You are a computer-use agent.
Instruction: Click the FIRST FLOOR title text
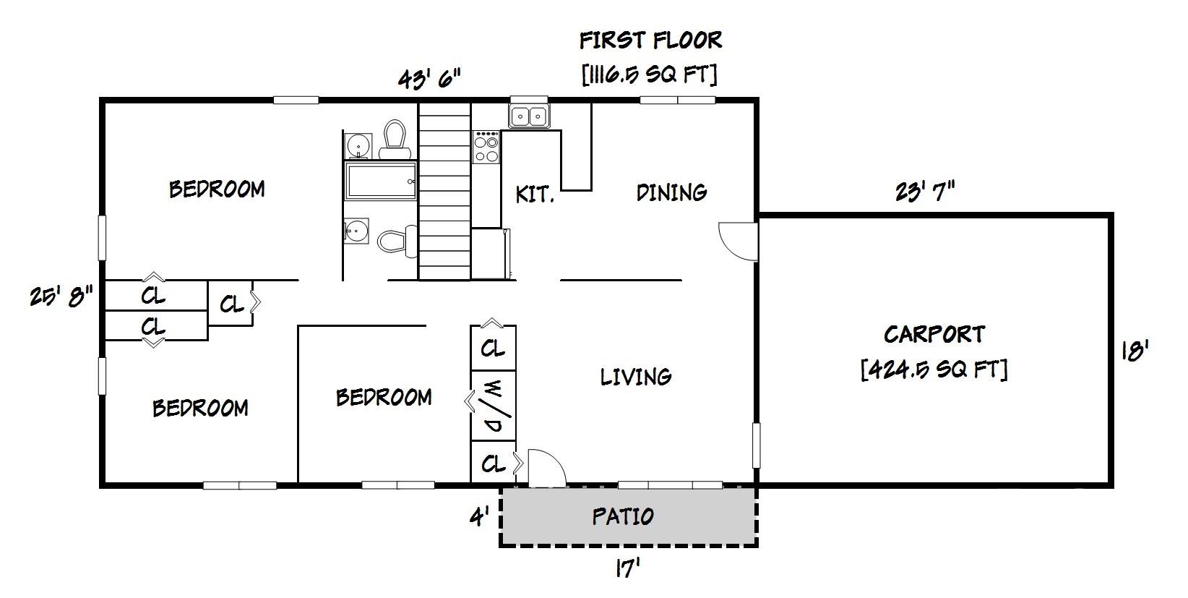click(650, 40)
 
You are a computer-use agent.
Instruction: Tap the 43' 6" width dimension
click(429, 78)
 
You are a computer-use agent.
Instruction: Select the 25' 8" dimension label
click(61, 296)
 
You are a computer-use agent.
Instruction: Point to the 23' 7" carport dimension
click(925, 192)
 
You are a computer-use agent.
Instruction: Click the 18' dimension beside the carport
click(1134, 351)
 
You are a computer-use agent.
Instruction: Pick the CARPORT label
click(934, 334)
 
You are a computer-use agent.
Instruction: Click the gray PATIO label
click(623, 516)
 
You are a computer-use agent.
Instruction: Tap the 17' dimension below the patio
click(627, 569)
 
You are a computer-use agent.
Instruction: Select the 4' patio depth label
click(479, 516)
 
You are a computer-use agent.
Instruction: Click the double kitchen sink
click(529, 116)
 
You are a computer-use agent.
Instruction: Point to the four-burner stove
click(486, 147)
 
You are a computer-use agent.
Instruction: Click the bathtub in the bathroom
click(381, 181)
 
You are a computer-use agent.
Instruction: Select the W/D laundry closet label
click(494, 406)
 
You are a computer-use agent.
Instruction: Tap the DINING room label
click(671, 192)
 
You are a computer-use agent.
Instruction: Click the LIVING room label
click(636, 376)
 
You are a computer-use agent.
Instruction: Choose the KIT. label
click(535, 194)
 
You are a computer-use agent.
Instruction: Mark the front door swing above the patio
click(546, 468)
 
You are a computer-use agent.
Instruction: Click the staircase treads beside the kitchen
click(444, 192)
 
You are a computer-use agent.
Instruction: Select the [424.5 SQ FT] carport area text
click(934, 370)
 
